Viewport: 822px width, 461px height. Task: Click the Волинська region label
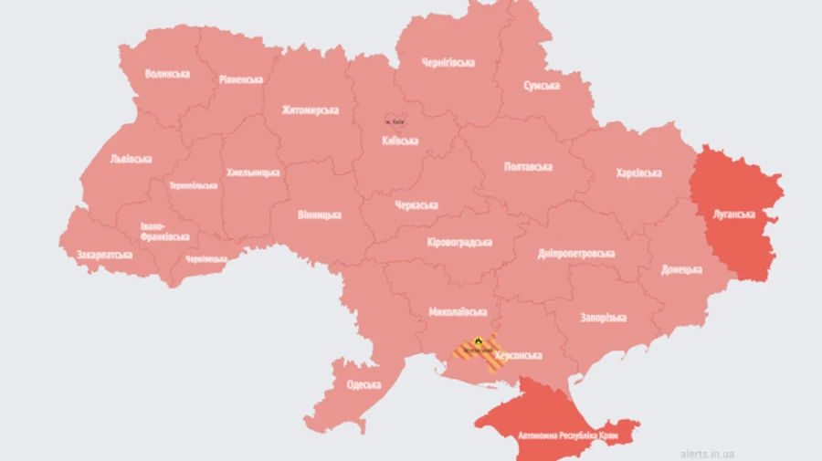167,74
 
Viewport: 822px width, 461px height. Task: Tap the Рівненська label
241,79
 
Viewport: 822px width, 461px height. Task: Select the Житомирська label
310,110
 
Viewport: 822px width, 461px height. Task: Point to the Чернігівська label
448,63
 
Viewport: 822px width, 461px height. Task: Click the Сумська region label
542,85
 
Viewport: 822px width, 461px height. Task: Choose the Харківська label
638,173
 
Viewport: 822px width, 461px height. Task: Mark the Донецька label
682,270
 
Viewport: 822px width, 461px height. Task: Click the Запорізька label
603,318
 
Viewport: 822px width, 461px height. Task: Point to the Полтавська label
528,167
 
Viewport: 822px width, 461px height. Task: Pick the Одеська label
364,384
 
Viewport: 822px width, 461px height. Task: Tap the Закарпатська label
104,255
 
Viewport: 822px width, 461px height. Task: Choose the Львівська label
131,159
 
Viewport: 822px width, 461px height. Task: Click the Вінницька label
320,215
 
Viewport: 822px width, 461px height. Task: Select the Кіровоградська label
459,243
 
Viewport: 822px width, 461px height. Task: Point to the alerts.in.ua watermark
708,453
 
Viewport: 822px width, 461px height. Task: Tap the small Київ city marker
395,120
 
